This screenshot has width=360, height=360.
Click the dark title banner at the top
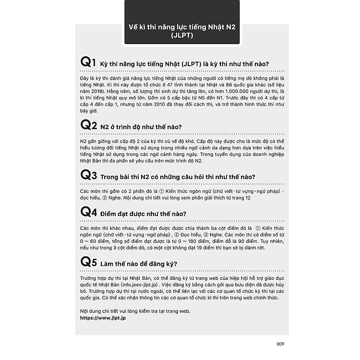[x=182, y=23]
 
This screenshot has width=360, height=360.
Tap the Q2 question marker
[x=89, y=125]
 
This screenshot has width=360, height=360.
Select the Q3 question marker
[x=89, y=175]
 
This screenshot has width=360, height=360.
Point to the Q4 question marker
[x=89, y=212]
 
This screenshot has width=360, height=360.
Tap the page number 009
[x=281, y=343]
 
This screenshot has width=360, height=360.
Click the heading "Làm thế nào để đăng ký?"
[x=139, y=264]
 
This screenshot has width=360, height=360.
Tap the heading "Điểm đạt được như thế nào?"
[x=144, y=214]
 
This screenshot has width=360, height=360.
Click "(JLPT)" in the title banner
[x=182, y=35]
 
